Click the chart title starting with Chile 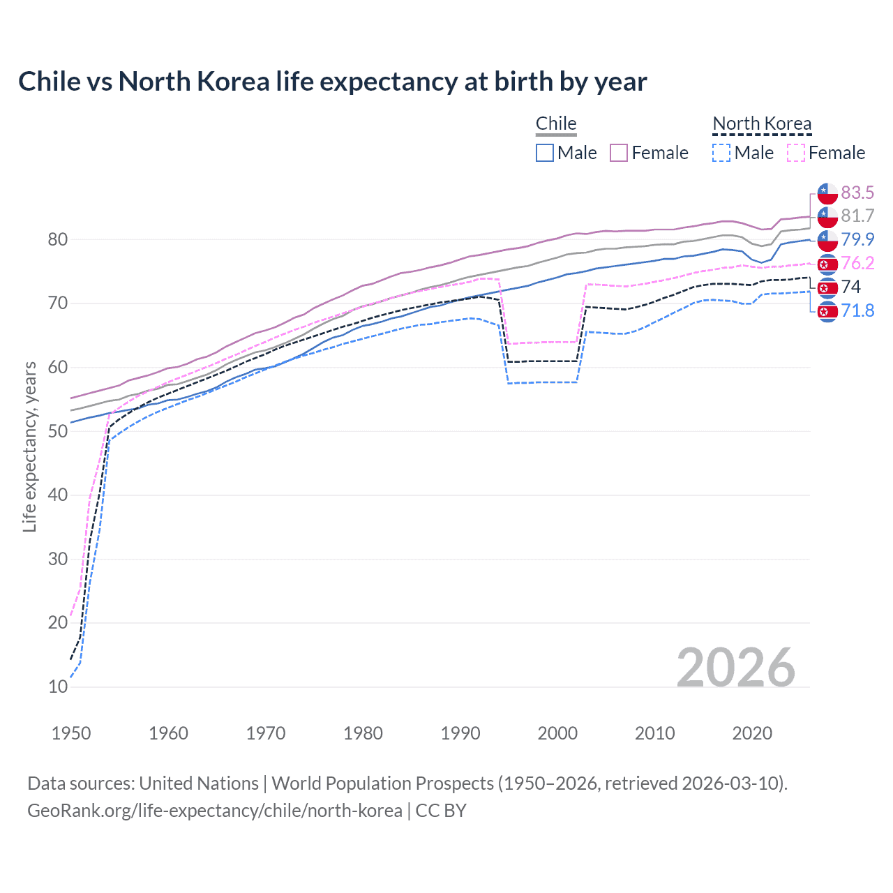[332, 82]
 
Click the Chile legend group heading [556, 123]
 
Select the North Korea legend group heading [762, 123]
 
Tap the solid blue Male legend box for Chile [545, 153]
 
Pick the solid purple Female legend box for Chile [619, 153]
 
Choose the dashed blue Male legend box [721, 153]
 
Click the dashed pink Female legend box [796, 153]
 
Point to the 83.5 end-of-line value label [857, 193]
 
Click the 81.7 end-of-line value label [857, 216]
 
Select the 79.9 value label [857, 239]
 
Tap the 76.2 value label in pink [857, 263]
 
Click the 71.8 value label [857, 310]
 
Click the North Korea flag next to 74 [827, 287]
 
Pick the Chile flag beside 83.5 [827, 193]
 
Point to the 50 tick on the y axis [58, 431]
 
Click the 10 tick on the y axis [58, 686]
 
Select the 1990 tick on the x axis [460, 733]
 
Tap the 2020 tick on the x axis [752, 733]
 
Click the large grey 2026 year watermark [735, 668]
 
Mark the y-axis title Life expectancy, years [29, 446]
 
